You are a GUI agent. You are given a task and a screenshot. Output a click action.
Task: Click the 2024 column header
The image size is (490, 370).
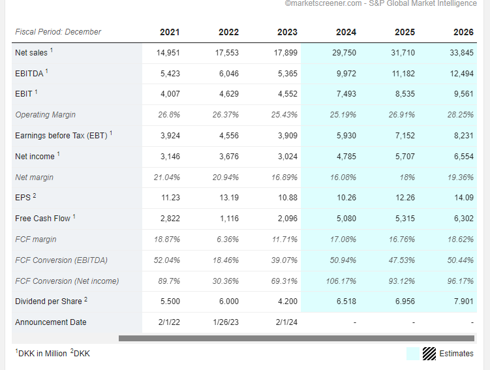(346, 32)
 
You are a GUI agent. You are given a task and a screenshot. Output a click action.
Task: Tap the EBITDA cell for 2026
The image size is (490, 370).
(462, 74)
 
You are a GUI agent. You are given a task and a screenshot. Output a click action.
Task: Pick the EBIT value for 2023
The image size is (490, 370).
(288, 94)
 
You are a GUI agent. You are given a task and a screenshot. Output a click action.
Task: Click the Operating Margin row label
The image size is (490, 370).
(45, 115)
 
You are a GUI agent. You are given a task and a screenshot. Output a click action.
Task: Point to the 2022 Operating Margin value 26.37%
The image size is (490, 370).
(226, 115)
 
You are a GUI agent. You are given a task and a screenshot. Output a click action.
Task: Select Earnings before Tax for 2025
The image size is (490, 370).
(405, 136)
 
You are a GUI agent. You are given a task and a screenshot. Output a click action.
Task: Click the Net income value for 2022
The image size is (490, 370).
(229, 156)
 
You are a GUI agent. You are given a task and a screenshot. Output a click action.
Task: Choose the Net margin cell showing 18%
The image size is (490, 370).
(407, 177)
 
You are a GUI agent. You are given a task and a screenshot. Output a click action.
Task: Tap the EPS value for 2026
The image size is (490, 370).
(464, 198)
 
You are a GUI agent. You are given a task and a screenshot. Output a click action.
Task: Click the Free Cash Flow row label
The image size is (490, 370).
(43, 219)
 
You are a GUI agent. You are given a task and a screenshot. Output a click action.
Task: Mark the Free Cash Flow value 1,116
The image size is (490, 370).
(229, 219)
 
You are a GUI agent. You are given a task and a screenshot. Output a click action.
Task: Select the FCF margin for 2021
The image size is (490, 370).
(167, 239)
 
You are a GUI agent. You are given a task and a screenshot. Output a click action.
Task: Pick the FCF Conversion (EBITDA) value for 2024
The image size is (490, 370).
(343, 260)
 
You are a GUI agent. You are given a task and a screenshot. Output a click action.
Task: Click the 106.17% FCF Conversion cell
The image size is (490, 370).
(341, 281)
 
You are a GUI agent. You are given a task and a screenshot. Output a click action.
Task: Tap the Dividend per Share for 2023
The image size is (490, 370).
(288, 301)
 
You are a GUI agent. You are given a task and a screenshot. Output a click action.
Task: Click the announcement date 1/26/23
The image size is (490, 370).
(226, 322)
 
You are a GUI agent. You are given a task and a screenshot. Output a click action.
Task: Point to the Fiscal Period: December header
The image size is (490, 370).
(58, 32)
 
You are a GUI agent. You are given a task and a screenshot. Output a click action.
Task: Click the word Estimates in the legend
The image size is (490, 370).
(456, 354)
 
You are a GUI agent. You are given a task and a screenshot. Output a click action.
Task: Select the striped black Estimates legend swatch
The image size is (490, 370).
(429, 354)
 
